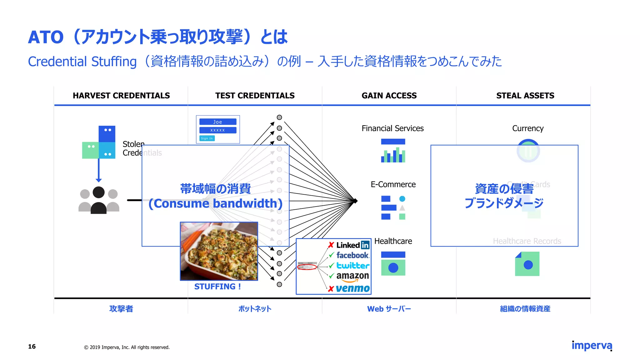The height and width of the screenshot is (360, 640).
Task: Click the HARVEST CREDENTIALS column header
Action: tap(121, 96)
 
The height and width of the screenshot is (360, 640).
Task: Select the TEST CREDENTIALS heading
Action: tap(255, 96)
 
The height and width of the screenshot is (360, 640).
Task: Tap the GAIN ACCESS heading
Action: tap(389, 96)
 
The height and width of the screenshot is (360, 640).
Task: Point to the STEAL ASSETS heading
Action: tap(525, 96)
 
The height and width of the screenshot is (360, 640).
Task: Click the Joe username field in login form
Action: tap(218, 122)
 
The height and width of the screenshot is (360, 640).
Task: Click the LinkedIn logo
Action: tap(353, 245)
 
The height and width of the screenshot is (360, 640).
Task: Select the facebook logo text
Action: tap(352, 255)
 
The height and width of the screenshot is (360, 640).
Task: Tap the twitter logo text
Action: tap(353, 266)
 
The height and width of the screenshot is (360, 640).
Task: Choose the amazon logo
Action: tap(352, 276)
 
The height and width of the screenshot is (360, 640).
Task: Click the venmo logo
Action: tap(353, 288)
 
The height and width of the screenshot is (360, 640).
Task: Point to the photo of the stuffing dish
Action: tap(219, 251)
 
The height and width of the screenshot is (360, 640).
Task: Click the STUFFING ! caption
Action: tap(217, 287)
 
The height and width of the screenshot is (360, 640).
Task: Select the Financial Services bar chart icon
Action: tap(393, 151)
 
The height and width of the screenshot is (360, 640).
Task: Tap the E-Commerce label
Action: tap(393, 184)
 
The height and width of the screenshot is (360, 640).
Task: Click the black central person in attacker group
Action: tap(99, 200)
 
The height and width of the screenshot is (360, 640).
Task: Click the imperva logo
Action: tap(592, 346)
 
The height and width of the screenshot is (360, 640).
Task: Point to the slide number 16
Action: tap(32, 347)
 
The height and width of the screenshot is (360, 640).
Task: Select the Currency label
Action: tap(528, 128)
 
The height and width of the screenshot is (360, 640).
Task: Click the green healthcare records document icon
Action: tap(527, 264)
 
